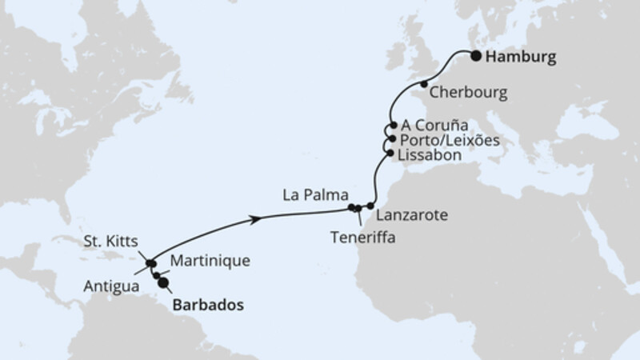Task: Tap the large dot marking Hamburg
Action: click(475, 56)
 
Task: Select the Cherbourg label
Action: click(469, 93)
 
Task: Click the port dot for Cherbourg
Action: click(424, 84)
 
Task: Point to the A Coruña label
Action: click(434, 125)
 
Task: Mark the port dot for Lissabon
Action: click(390, 153)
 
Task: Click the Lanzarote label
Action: click(410, 215)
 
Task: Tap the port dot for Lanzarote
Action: click(370, 206)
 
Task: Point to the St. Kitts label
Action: click(110, 241)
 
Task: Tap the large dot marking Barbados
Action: click(163, 282)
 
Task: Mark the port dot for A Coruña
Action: click(392, 126)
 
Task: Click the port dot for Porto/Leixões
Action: click(391, 138)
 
